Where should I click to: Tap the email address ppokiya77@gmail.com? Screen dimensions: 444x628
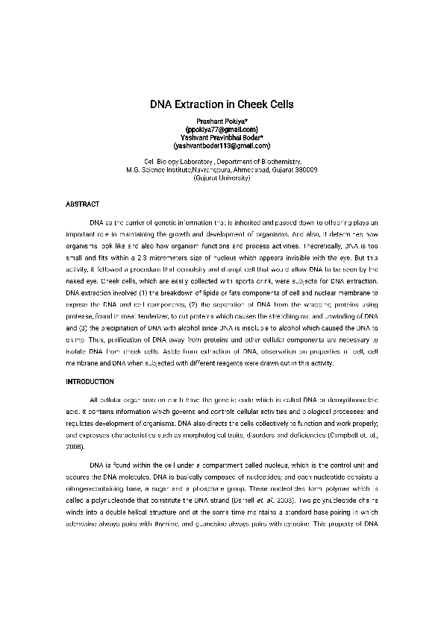click(222, 129)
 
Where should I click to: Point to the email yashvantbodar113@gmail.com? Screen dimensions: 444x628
click(222, 145)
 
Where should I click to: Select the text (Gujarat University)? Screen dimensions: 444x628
click(222, 178)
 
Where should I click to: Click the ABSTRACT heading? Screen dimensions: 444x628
click(83, 204)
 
